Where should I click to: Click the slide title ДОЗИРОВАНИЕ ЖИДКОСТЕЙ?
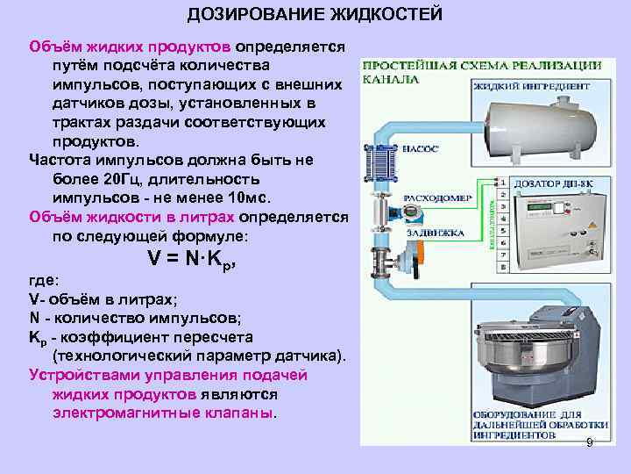(315, 15)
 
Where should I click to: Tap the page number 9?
(590, 443)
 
